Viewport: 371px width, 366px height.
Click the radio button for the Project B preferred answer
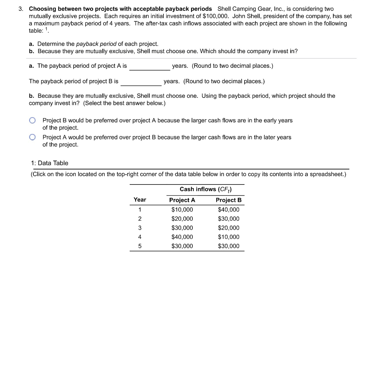(33, 120)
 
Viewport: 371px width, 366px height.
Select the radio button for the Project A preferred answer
(33, 137)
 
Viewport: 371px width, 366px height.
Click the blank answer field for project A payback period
(150, 66)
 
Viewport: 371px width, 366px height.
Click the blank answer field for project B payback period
(141, 82)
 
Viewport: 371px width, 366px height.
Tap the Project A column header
(182, 200)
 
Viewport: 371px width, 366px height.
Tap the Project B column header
(228, 200)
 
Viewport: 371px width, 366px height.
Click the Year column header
(140, 200)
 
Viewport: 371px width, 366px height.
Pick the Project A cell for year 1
(182, 209)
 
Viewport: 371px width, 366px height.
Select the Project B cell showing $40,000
(228, 209)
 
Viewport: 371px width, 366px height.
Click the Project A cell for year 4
(182, 237)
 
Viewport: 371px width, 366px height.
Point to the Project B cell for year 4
(228, 237)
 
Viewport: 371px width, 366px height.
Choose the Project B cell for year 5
(228, 246)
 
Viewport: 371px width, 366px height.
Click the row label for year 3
(140, 228)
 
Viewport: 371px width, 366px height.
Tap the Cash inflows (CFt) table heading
(205, 189)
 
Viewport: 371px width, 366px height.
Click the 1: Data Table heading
(50, 163)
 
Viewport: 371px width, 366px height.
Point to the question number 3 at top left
(21, 8)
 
